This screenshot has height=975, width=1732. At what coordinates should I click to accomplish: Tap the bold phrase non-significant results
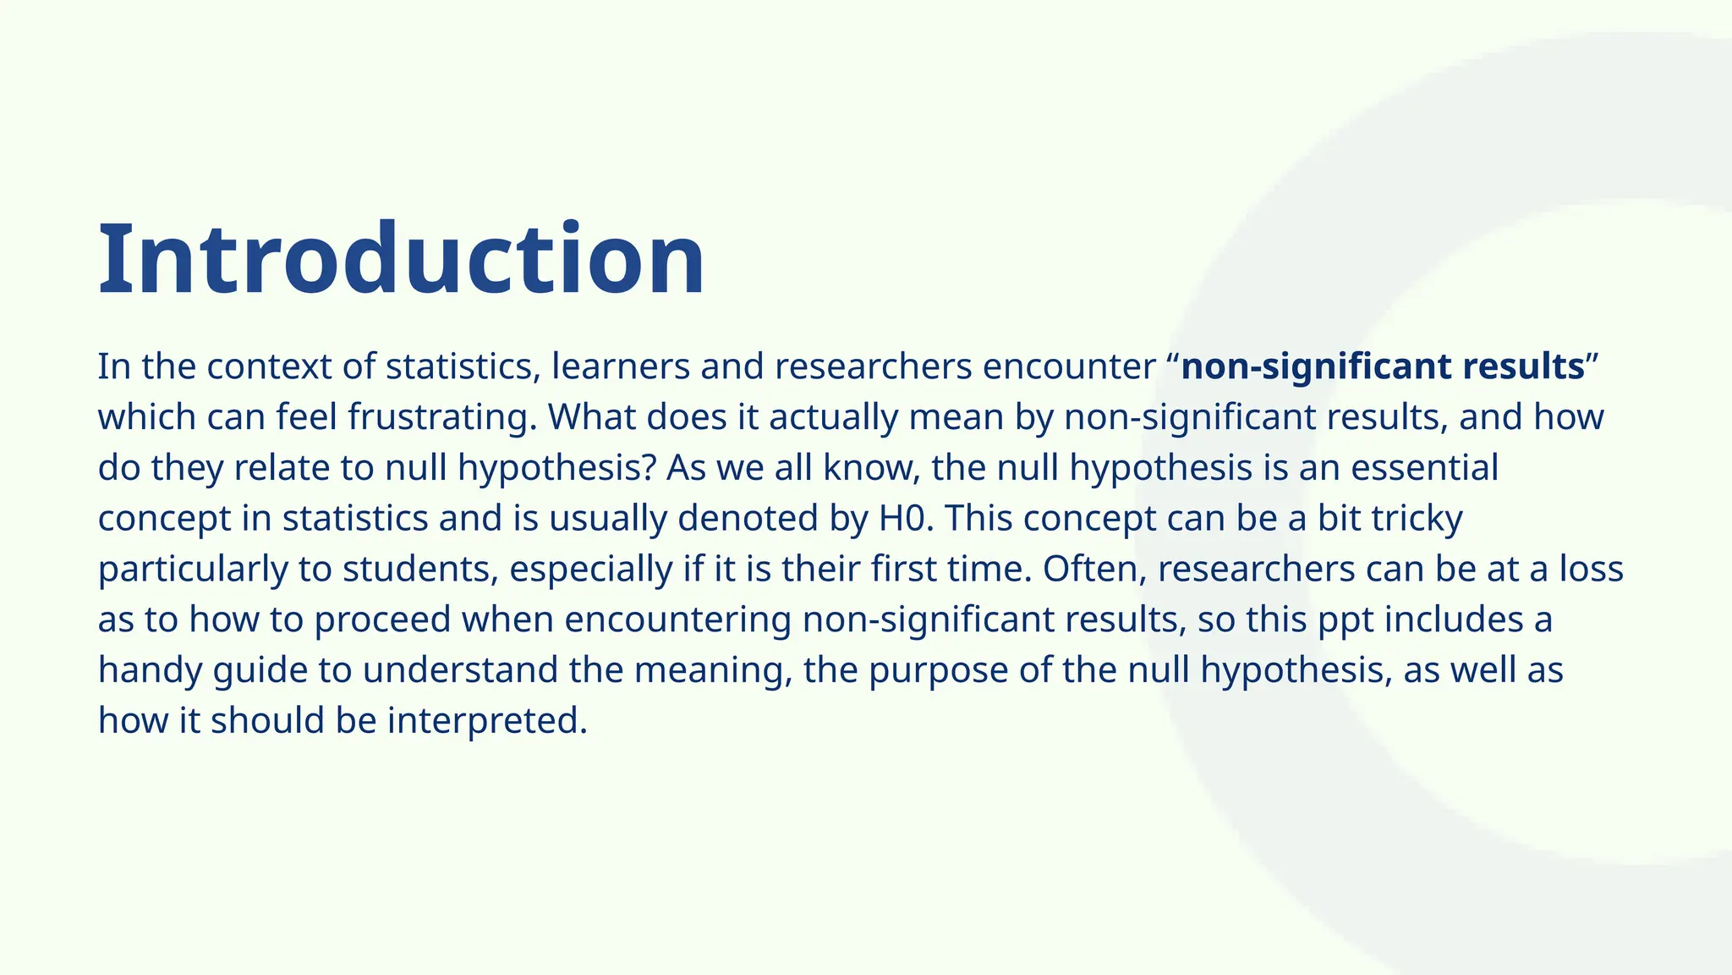(x=1382, y=366)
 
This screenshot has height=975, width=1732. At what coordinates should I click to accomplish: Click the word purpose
(x=938, y=670)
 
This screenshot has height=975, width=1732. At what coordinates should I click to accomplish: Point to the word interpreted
(x=486, y=721)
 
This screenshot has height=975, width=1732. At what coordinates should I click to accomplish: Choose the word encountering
(x=677, y=620)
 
